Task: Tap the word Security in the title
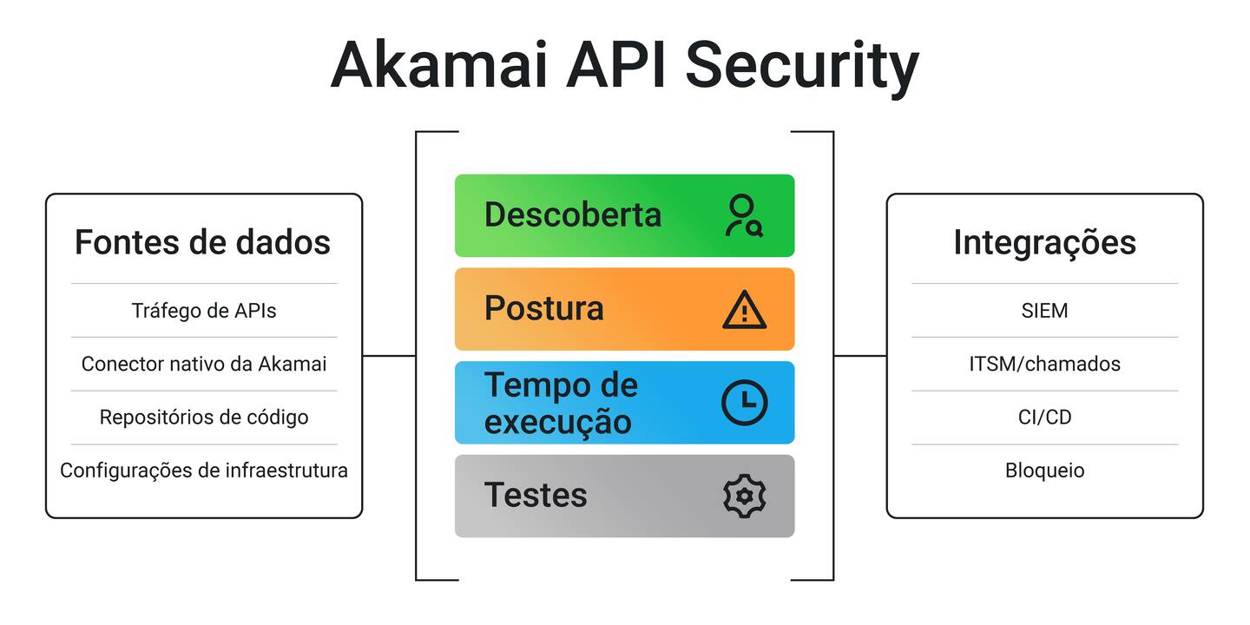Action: click(x=801, y=66)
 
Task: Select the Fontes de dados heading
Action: click(x=202, y=242)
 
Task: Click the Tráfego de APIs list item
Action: click(x=204, y=311)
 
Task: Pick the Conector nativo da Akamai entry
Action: click(x=204, y=364)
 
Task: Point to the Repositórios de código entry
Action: click(x=204, y=418)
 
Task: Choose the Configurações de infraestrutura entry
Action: click(x=204, y=470)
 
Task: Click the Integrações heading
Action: click(x=1044, y=242)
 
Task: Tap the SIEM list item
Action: click(x=1044, y=311)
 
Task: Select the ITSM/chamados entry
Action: click(x=1044, y=364)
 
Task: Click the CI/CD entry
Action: click(x=1044, y=418)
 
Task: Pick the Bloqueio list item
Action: click(x=1044, y=470)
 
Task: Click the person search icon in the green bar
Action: click(x=744, y=216)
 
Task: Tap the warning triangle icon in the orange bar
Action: click(x=744, y=310)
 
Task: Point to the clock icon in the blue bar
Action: click(x=744, y=403)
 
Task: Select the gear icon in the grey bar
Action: click(x=744, y=496)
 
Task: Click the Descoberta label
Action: click(x=573, y=215)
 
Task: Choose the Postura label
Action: click(x=544, y=309)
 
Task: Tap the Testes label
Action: click(x=536, y=496)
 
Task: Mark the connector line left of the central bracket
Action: click(x=389, y=355)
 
